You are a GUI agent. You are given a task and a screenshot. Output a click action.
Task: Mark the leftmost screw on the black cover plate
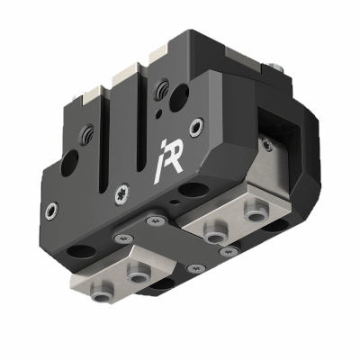point(117,237)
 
